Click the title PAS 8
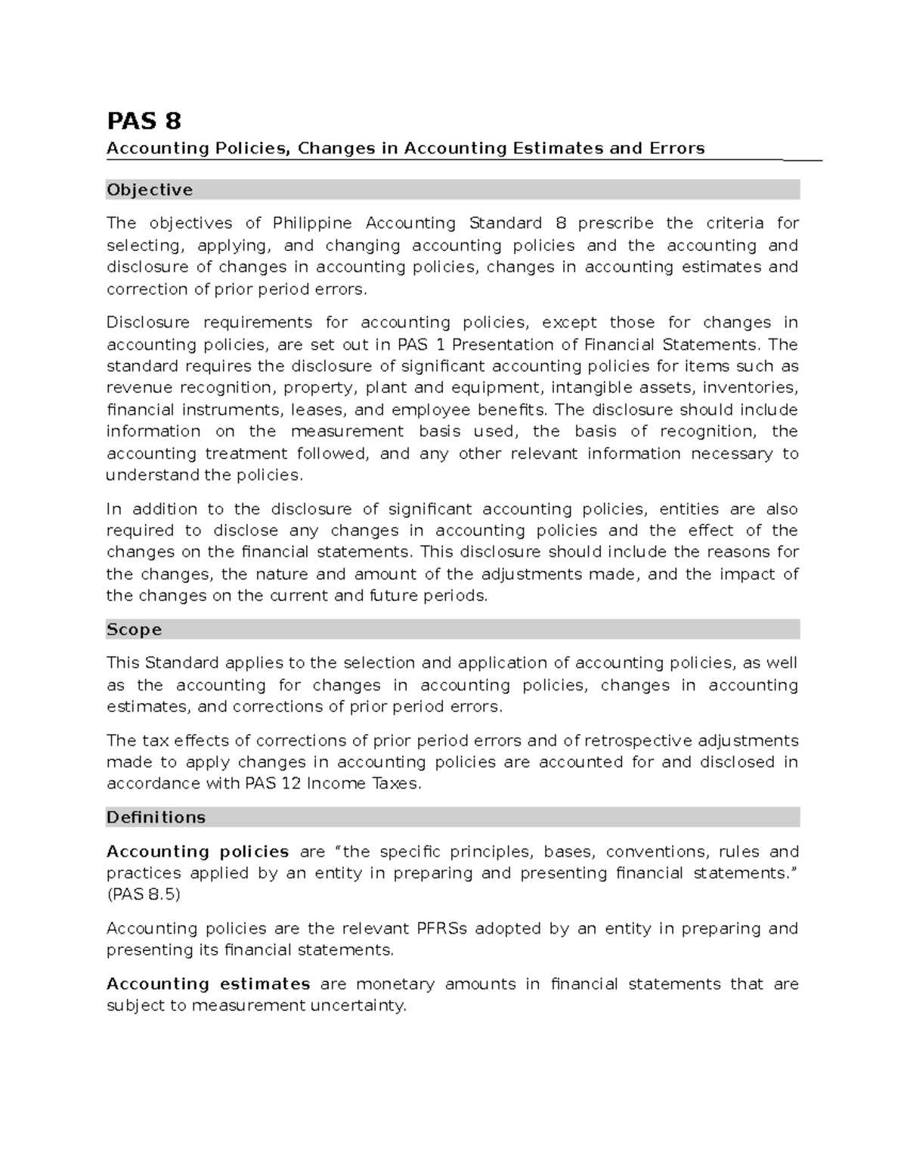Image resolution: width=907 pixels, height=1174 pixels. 144,121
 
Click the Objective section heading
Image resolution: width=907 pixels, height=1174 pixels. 150,190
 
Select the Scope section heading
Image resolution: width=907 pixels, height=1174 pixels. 134,630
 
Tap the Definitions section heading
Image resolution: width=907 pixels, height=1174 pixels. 156,817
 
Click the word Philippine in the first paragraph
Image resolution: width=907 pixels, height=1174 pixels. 312,223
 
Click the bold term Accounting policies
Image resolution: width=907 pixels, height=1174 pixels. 197,852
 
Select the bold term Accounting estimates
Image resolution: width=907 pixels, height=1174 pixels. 208,984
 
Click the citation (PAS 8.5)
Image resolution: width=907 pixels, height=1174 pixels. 144,895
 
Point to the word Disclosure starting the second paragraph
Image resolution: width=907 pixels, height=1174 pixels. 148,323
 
